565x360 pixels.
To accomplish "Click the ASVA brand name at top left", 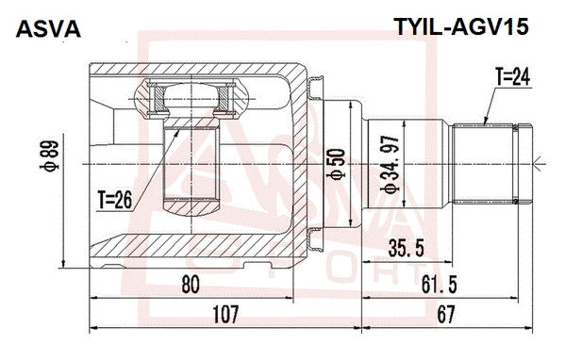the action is click(x=48, y=29).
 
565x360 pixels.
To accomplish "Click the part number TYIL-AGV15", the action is click(x=461, y=26).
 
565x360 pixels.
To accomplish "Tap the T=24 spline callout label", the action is click(x=513, y=77).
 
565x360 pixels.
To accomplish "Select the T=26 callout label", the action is click(x=115, y=200).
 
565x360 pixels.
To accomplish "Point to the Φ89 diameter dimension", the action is click(x=49, y=155).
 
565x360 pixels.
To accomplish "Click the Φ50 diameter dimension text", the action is click(x=336, y=164).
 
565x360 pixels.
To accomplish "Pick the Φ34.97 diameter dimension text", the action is click(x=391, y=164).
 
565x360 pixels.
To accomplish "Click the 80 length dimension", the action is click(x=191, y=285).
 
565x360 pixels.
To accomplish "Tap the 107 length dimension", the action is click(x=225, y=314).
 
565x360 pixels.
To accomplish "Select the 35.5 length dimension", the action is click(x=407, y=249).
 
